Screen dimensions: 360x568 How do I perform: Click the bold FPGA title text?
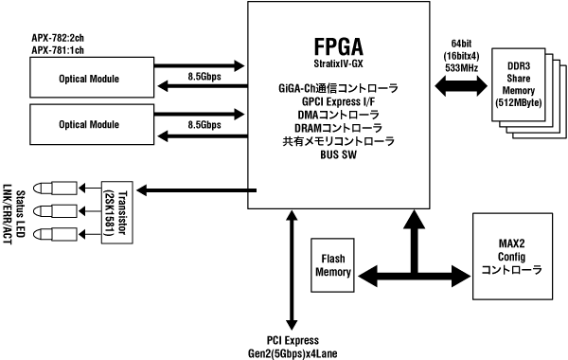[331, 46]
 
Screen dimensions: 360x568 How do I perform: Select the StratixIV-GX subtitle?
[331, 65]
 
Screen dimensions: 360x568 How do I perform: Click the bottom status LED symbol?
[51, 233]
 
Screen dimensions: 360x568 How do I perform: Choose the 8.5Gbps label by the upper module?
[204, 75]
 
